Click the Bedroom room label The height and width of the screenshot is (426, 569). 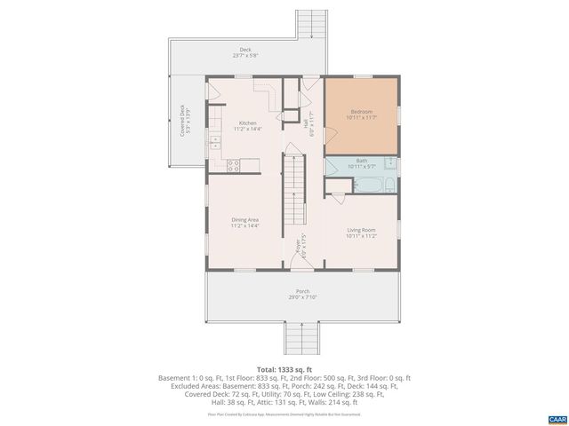tap(360, 112)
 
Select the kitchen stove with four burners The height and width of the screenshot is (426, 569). tap(235, 163)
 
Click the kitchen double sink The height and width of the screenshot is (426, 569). tap(215, 142)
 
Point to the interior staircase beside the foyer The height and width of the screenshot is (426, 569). tap(293, 191)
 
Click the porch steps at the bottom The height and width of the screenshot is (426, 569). tap(301, 337)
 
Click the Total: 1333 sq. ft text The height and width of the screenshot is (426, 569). tap(284, 368)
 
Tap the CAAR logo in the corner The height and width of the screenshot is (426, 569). tap(556, 418)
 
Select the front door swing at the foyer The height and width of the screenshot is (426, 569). tap(293, 259)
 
